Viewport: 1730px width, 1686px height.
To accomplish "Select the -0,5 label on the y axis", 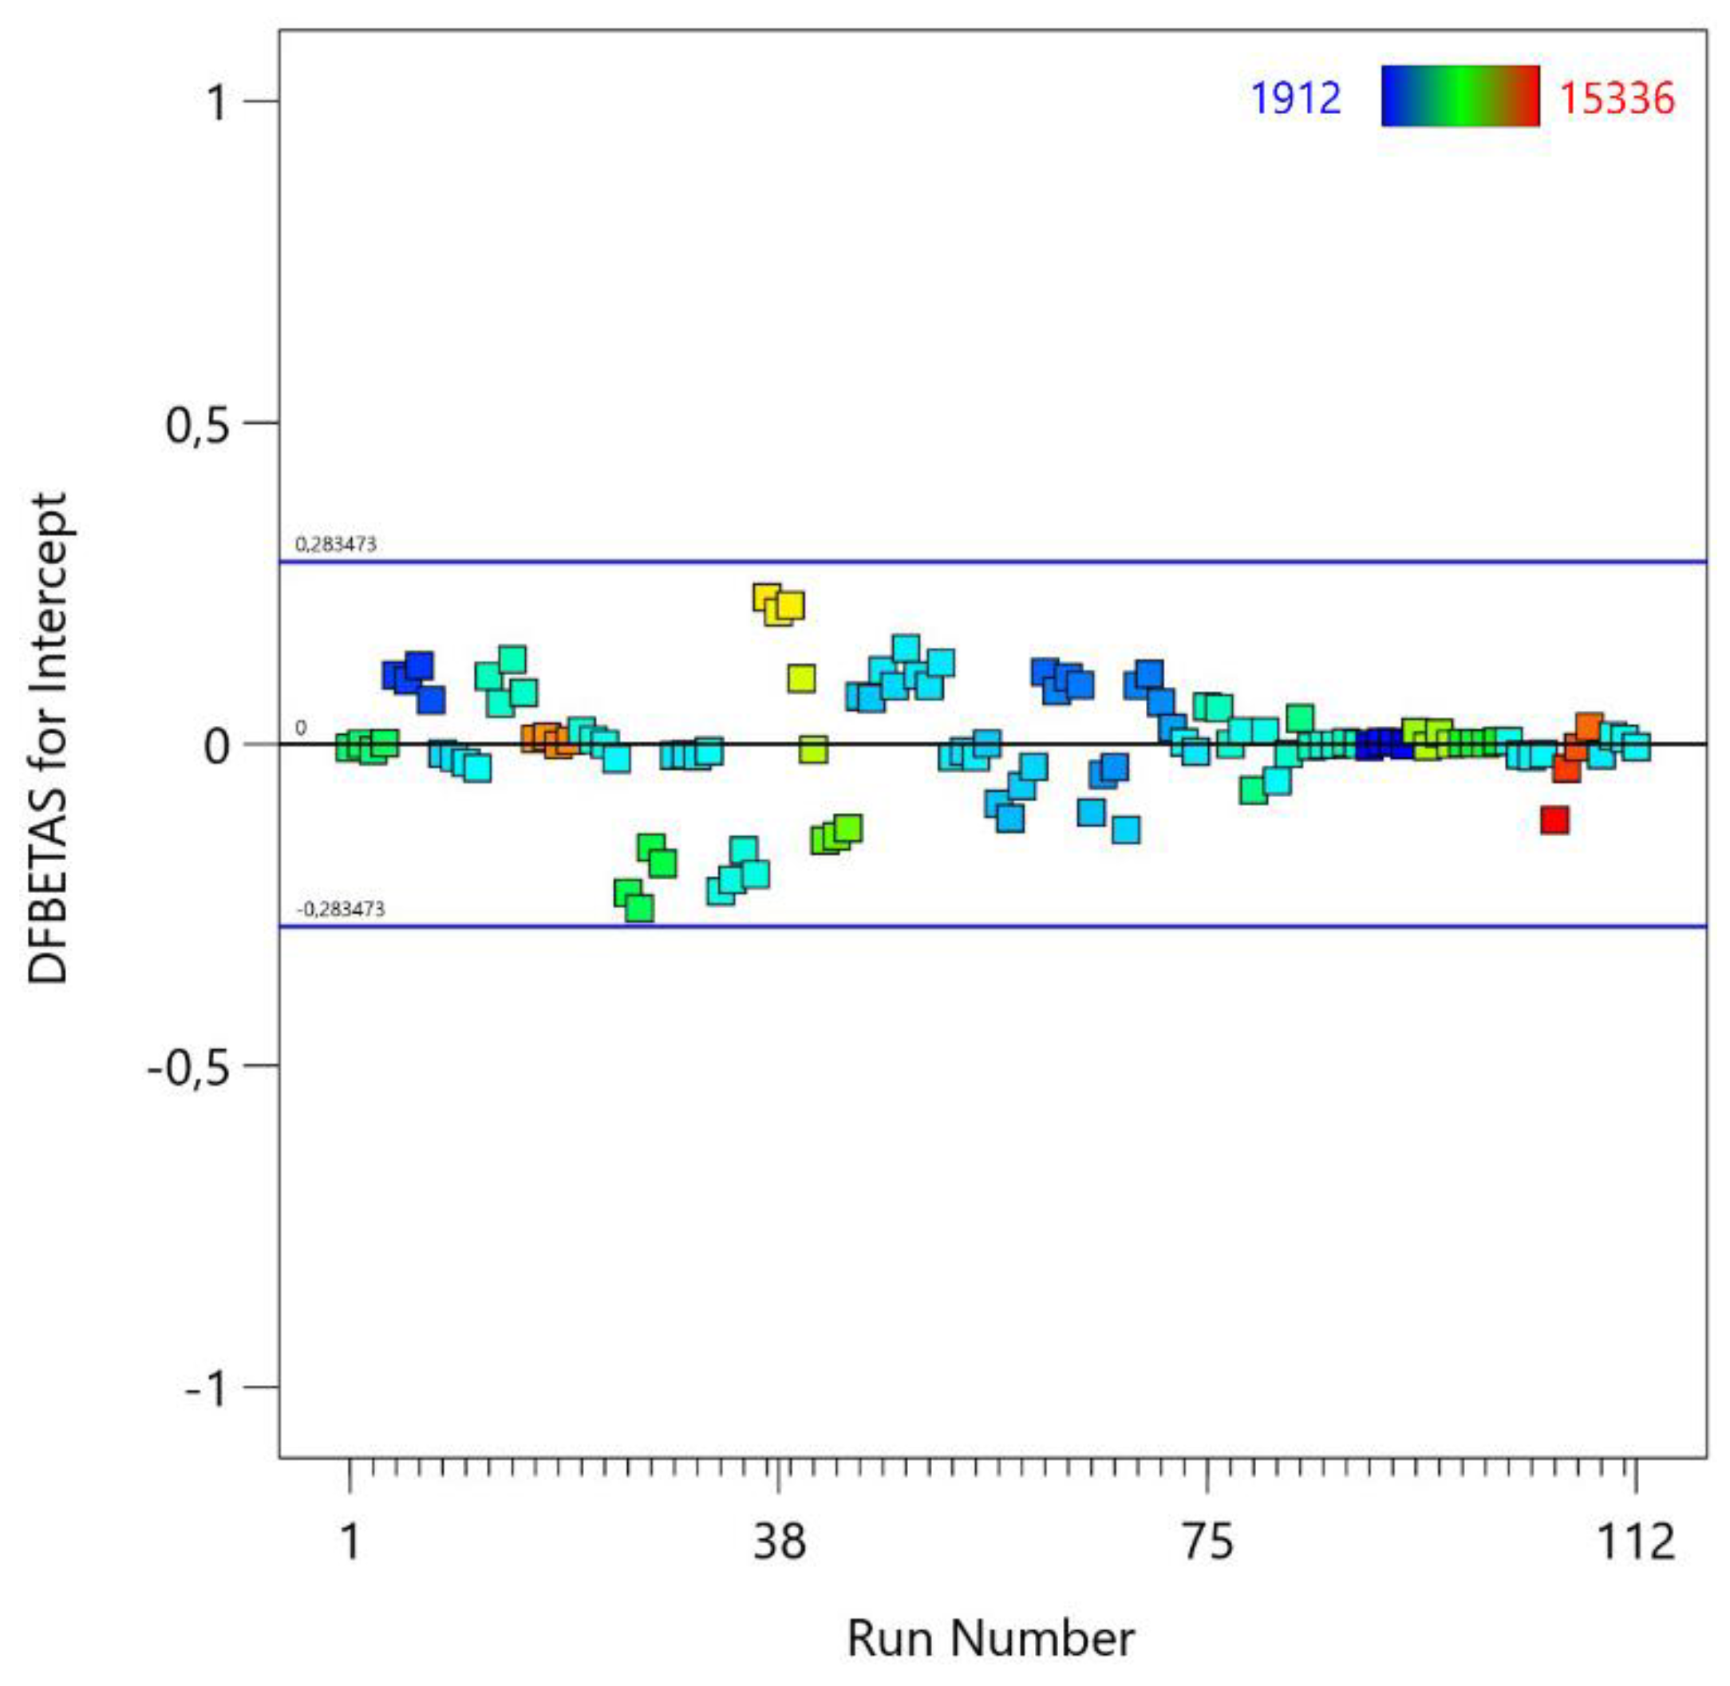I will click(188, 1066).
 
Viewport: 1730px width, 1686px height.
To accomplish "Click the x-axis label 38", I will click(779, 1542).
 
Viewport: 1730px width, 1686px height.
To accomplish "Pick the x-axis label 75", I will click(1207, 1542).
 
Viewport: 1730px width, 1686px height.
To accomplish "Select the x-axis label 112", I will click(1634, 1542).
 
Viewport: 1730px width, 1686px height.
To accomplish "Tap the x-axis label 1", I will click(350, 1542).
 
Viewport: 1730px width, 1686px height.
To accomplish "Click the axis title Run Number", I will click(989, 1638).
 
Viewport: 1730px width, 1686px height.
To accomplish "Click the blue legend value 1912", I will click(1295, 97).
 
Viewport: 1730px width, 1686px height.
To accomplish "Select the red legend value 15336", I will click(1617, 97).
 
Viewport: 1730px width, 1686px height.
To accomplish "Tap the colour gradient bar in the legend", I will click(1460, 96).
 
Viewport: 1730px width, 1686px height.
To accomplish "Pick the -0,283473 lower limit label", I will click(340, 909).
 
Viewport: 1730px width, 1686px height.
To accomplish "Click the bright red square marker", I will click(1554, 819).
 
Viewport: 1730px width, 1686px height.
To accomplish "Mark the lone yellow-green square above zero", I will click(800, 678).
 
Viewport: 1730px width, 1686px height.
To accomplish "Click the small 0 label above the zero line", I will click(300, 728).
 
